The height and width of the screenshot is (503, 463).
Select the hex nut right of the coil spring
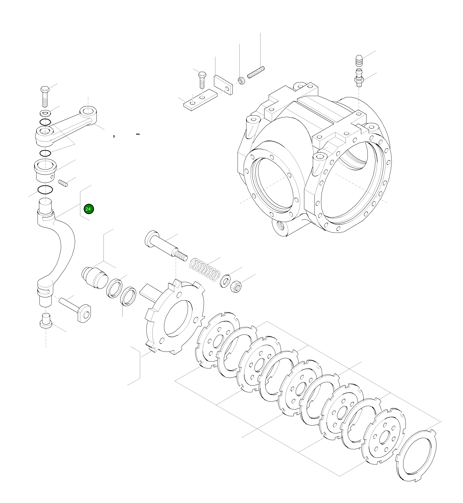(235, 287)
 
